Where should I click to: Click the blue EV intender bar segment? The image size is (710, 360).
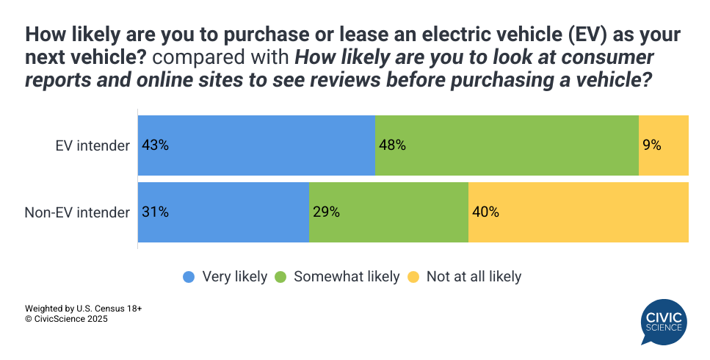[256, 145]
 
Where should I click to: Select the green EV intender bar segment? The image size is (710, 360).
[507, 145]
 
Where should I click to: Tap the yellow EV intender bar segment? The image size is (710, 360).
[663, 145]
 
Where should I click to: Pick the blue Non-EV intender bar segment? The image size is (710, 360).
[223, 212]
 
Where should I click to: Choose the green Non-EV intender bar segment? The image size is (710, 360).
[388, 212]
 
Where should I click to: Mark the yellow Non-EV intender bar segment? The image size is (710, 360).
[578, 212]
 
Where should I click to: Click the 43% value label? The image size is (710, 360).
[156, 145]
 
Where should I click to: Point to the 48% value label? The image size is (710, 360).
[392, 145]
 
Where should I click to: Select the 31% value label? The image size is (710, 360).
[156, 212]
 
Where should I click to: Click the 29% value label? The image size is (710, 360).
[326, 212]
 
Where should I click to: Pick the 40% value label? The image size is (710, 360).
[485, 212]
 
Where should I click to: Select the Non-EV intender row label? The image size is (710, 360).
[77, 212]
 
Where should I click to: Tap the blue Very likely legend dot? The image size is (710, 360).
[189, 277]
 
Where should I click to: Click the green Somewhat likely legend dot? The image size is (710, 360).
[280, 277]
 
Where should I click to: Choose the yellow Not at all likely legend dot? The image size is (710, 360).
[413, 277]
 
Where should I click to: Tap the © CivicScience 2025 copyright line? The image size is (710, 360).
[66, 320]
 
